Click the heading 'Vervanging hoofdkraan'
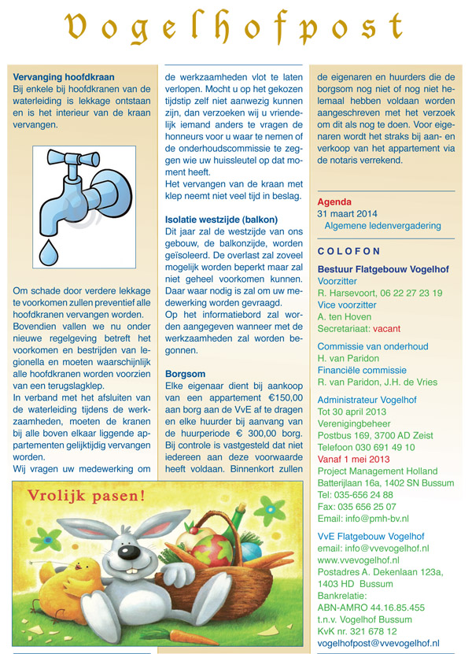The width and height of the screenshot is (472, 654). click(65, 77)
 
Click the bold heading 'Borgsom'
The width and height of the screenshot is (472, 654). click(184, 374)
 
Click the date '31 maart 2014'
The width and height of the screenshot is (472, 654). click(348, 213)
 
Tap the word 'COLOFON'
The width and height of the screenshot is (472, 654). click(348, 252)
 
